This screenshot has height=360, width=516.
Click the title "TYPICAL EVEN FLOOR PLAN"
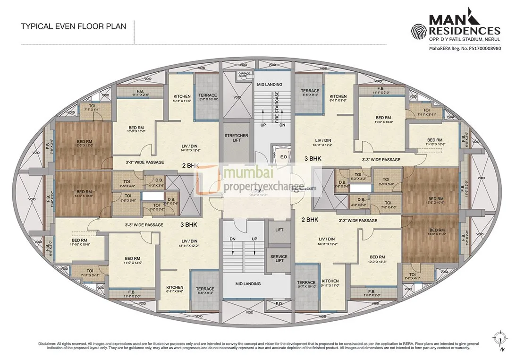[x=73, y=26]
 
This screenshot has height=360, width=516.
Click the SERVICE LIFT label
[x=279, y=259]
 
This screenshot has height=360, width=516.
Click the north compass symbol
[x=499, y=340]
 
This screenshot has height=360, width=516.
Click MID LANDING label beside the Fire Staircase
[x=269, y=85]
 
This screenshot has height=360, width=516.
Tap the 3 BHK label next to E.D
[x=313, y=159]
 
